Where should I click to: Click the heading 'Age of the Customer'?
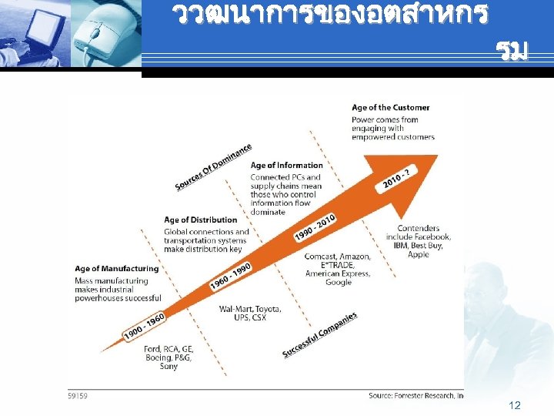390,107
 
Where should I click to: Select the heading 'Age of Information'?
286,165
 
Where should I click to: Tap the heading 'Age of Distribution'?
200,220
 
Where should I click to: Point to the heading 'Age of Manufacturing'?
116,269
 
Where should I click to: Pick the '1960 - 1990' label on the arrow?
231,277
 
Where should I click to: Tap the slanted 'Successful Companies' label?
319,335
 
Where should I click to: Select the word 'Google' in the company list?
338,283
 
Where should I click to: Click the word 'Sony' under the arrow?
169,367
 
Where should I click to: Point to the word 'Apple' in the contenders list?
419,254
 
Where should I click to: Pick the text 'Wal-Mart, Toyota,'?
250,309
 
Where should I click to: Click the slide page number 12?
515,405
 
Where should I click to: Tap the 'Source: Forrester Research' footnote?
415,395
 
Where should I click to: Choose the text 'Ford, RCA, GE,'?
169,348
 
